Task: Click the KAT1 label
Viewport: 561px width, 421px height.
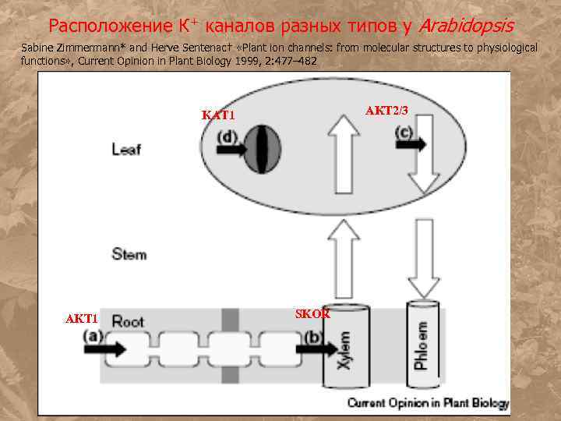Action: pyautogui.click(x=218, y=115)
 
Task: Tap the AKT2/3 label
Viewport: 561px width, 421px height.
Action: pyautogui.click(x=387, y=110)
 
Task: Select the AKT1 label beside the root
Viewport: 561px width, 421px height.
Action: pyautogui.click(x=81, y=319)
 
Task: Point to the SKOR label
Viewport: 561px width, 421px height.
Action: pyautogui.click(x=312, y=313)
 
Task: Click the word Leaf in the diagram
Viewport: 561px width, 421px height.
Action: pyautogui.click(x=126, y=149)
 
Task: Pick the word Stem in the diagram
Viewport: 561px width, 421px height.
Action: pyautogui.click(x=129, y=254)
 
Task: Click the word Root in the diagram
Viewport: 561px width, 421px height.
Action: pyautogui.click(x=128, y=320)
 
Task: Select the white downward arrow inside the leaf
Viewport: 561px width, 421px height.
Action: pyautogui.click(x=425, y=159)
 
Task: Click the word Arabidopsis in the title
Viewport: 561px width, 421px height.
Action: pyautogui.click(x=466, y=27)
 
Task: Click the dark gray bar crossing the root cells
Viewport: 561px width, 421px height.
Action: pyautogui.click(x=229, y=343)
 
